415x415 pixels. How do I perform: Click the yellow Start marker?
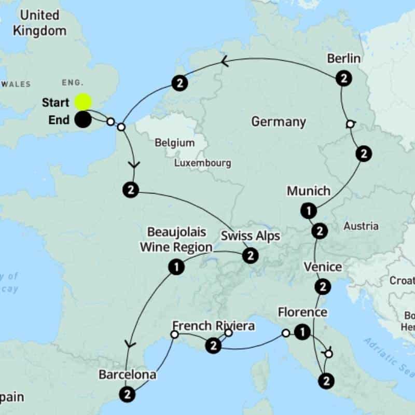(83, 102)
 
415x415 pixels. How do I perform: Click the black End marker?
(82, 120)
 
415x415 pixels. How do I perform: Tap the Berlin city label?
(343, 58)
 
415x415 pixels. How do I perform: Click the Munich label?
(308, 191)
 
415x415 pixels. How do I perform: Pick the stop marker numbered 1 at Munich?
(308, 211)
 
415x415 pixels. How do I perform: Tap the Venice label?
(323, 267)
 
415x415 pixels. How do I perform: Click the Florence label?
(302, 312)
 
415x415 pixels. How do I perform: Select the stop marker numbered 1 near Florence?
(302, 333)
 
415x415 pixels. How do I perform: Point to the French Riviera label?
(213, 326)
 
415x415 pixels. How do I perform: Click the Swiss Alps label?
(250, 236)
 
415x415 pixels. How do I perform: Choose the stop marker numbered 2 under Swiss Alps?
(250, 256)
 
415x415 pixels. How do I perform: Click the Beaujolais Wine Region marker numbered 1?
(176, 267)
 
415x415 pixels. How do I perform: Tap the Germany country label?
(278, 122)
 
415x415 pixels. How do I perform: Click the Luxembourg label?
(202, 163)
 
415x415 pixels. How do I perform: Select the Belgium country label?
(175, 143)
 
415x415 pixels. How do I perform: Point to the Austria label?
(361, 226)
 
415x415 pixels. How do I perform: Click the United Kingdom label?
(40, 22)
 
